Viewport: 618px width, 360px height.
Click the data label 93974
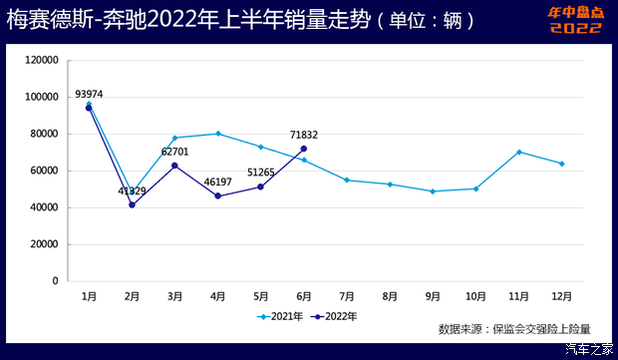(88, 95)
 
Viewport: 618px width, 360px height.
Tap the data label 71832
(304, 135)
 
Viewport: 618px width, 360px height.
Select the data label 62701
(175, 153)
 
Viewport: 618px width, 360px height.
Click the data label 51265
(260, 173)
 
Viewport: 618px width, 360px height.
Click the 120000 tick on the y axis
(42, 60)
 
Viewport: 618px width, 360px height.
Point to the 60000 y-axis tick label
(45, 171)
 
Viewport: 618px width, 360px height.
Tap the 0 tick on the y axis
(56, 281)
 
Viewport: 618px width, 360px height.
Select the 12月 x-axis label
(562, 296)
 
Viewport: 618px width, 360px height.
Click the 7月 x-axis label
(347, 296)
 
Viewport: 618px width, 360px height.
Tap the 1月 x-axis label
(89, 296)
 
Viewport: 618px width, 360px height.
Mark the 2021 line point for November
(519, 152)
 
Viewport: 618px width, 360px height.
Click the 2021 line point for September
(433, 191)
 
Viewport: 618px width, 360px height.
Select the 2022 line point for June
(304, 149)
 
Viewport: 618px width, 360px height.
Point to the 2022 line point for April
(217, 196)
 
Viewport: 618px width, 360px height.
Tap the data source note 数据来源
(514, 328)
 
